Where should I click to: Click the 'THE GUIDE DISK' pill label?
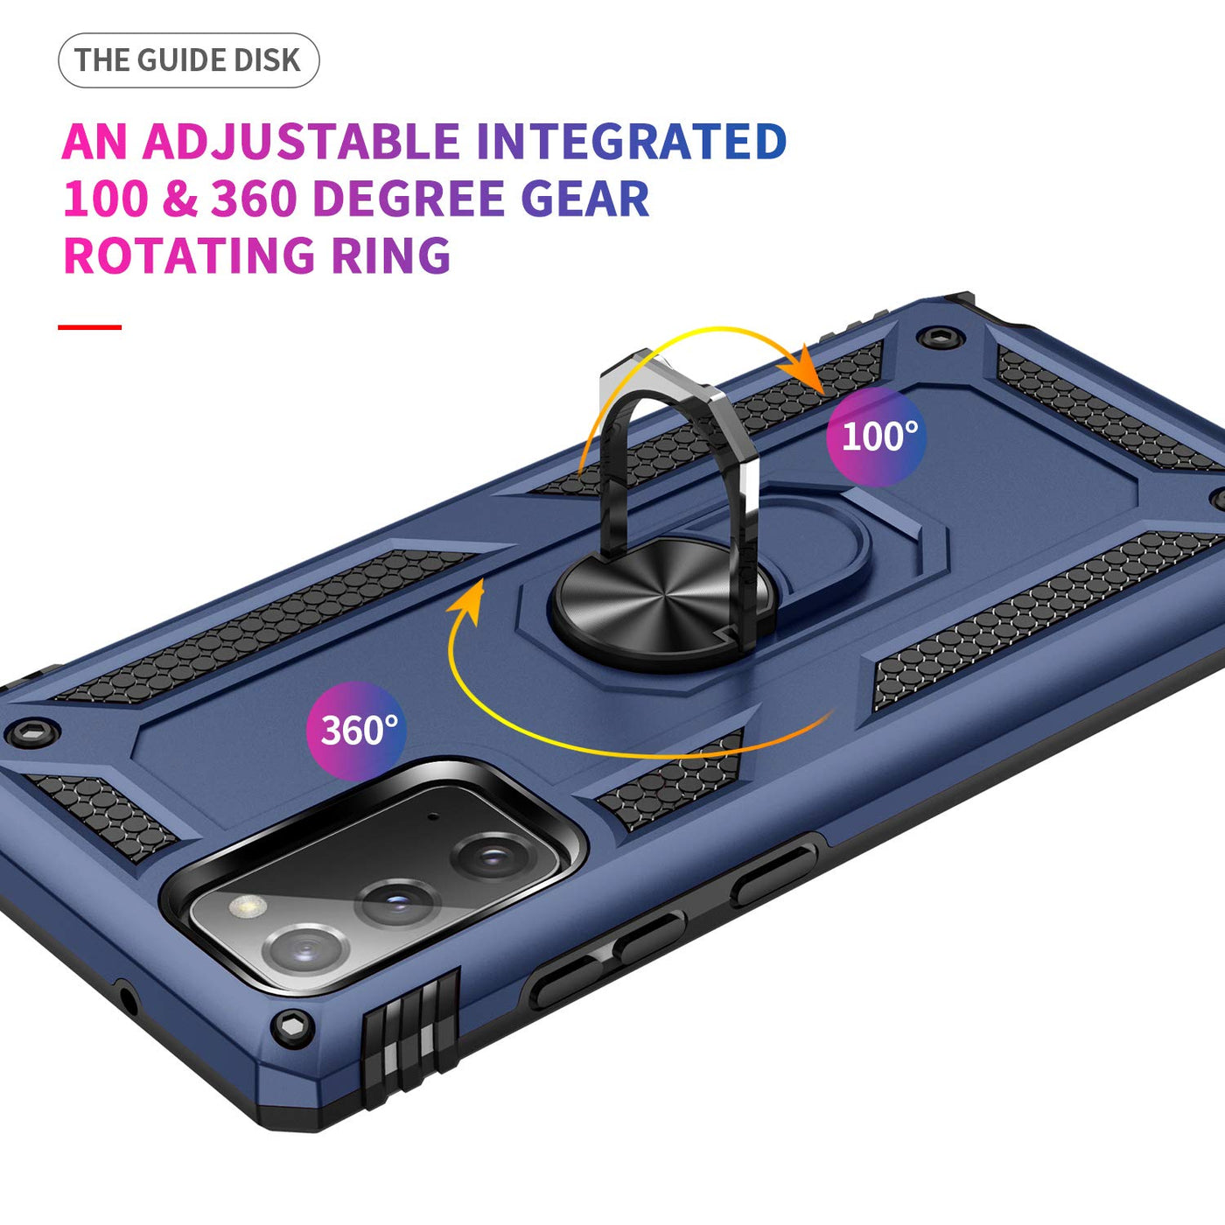tap(188, 60)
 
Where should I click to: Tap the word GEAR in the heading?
tap(585, 199)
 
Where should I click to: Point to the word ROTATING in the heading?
tap(189, 255)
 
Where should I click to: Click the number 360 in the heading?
tap(255, 199)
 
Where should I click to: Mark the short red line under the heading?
tap(90, 327)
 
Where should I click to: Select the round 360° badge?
tap(357, 731)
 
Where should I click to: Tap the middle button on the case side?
tap(648, 937)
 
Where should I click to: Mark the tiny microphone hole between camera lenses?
tap(434, 818)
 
